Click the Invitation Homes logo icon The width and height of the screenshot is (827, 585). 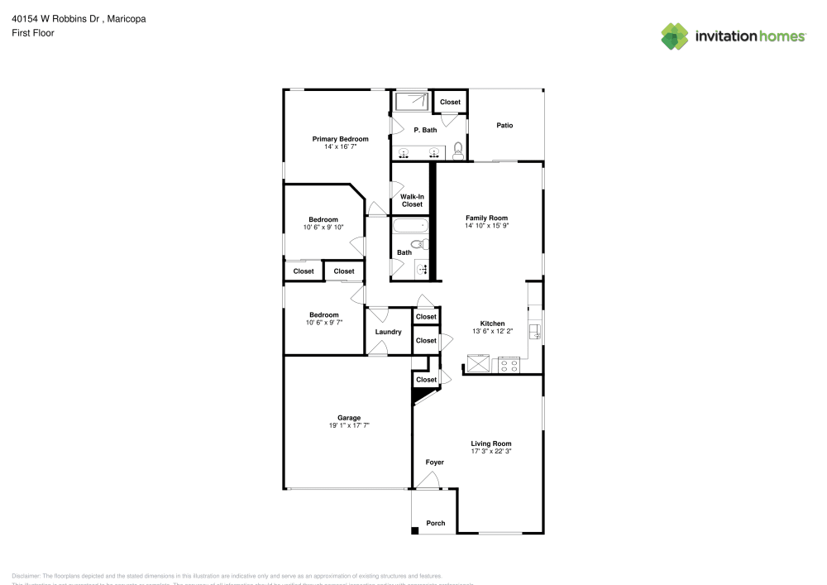pos(675,36)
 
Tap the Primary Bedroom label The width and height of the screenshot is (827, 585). pos(340,139)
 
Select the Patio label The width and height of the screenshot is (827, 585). pos(504,126)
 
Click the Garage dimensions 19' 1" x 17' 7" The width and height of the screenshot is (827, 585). pos(348,425)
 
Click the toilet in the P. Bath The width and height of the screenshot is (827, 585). pos(457,151)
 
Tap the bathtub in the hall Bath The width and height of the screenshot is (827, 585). pos(410,226)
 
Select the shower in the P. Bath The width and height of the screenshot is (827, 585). pos(412,101)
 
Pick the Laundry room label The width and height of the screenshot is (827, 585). pos(388,333)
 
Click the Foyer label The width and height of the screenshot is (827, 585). pos(434,463)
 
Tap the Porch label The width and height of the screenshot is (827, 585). pos(435,523)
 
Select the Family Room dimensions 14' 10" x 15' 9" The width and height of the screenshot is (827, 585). pos(486,225)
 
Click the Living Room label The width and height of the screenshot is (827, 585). pos(491,444)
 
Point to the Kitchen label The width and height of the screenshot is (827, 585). pos(493,324)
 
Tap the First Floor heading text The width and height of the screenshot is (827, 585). pos(33,33)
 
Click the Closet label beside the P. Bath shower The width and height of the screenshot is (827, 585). pos(450,103)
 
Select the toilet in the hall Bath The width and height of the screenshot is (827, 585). pos(421,244)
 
